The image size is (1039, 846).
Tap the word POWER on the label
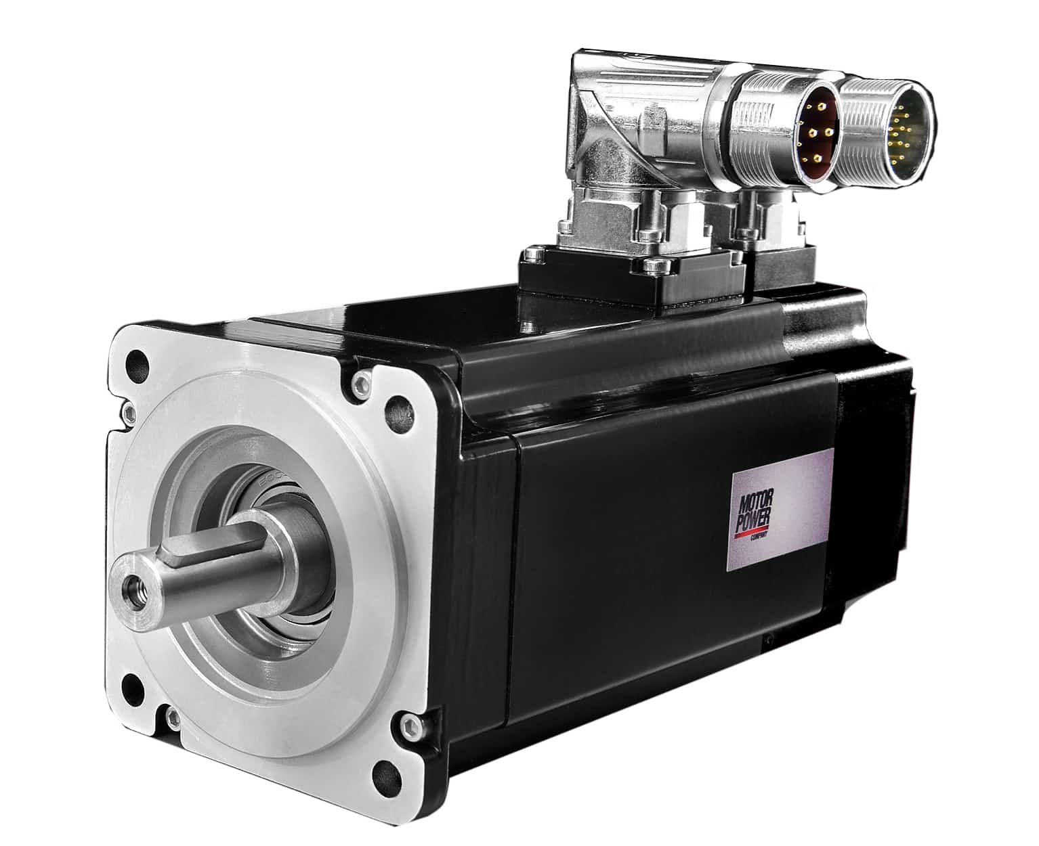[x=753, y=522]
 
